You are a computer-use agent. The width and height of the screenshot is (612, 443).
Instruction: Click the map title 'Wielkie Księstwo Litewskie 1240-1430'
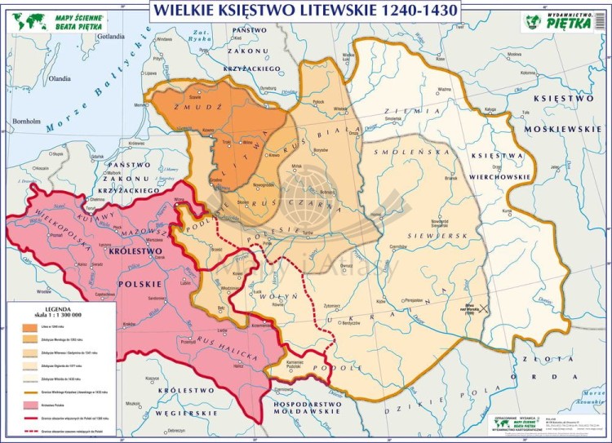pos(304,11)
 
